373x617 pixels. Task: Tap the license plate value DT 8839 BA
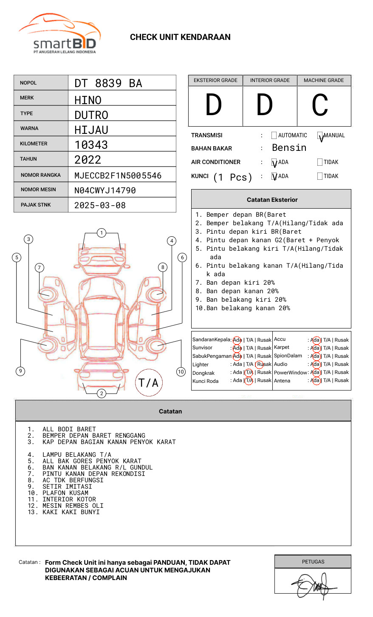click(108, 83)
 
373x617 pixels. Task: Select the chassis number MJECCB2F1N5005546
click(118, 175)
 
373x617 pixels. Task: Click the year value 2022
click(88, 160)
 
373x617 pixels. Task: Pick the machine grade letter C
click(320, 105)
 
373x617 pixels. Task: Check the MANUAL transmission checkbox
click(320, 136)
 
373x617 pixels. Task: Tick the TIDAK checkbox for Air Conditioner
click(320, 162)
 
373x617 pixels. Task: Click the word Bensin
click(289, 148)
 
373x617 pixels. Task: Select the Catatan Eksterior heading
click(272, 200)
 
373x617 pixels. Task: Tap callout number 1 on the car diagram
click(101, 233)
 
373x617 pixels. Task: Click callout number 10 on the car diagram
click(181, 372)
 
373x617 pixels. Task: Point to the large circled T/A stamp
click(149, 382)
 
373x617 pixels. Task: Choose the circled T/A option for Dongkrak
click(249, 372)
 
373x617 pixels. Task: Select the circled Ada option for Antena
click(315, 381)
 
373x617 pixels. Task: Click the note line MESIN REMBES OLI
click(73, 506)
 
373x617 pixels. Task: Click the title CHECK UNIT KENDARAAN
click(180, 37)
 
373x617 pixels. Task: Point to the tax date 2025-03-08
click(100, 205)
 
